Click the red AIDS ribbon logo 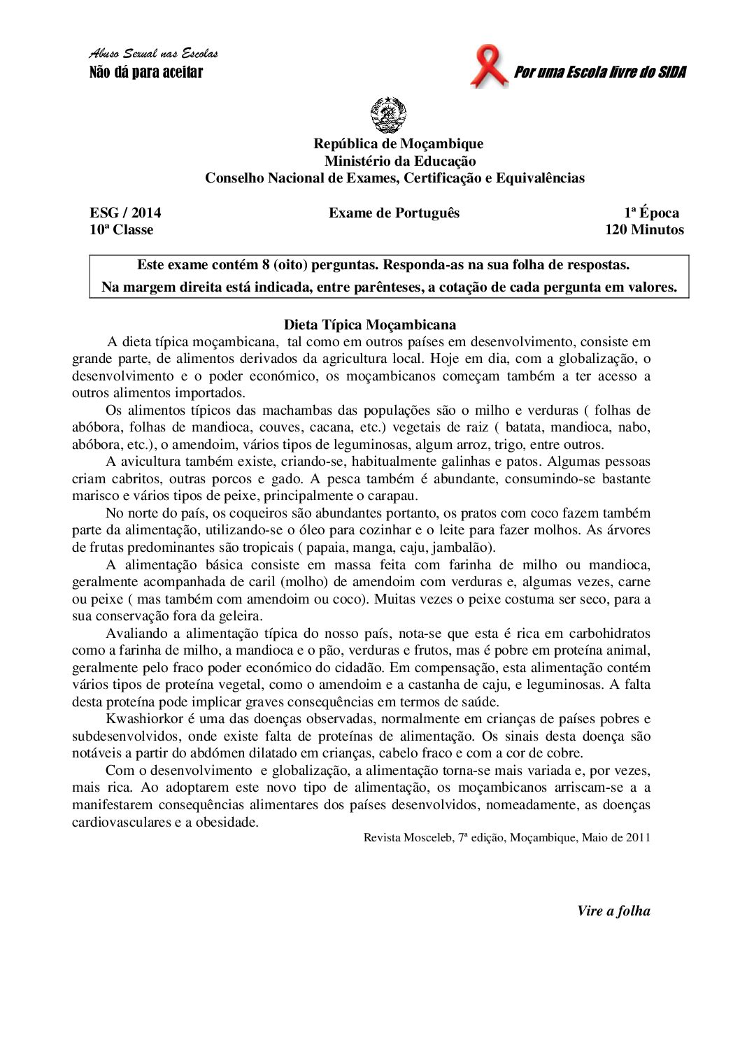(x=488, y=66)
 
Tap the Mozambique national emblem (x=388, y=115)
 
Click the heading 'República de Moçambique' (x=398, y=144)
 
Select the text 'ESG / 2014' (x=125, y=213)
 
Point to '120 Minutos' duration (x=644, y=230)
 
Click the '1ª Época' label (x=651, y=213)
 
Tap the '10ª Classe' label (x=121, y=230)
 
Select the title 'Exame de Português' (x=394, y=213)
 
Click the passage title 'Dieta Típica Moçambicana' (x=370, y=325)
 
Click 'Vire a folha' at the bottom (x=613, y=911)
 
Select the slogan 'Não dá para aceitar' (x=146, y=72)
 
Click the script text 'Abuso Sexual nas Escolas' (x=154, y=54)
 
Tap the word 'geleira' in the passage (x=239, y=616)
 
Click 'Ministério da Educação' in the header (x=399, y=161)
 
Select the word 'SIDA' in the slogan (x=671, y=72)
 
